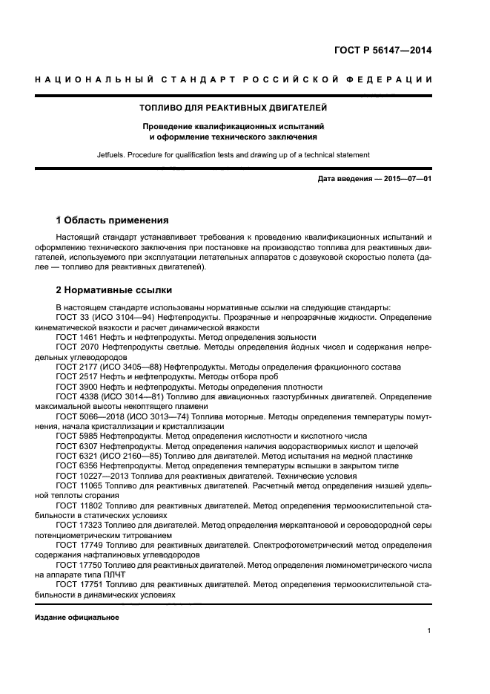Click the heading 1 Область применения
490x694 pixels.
[112, 220]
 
